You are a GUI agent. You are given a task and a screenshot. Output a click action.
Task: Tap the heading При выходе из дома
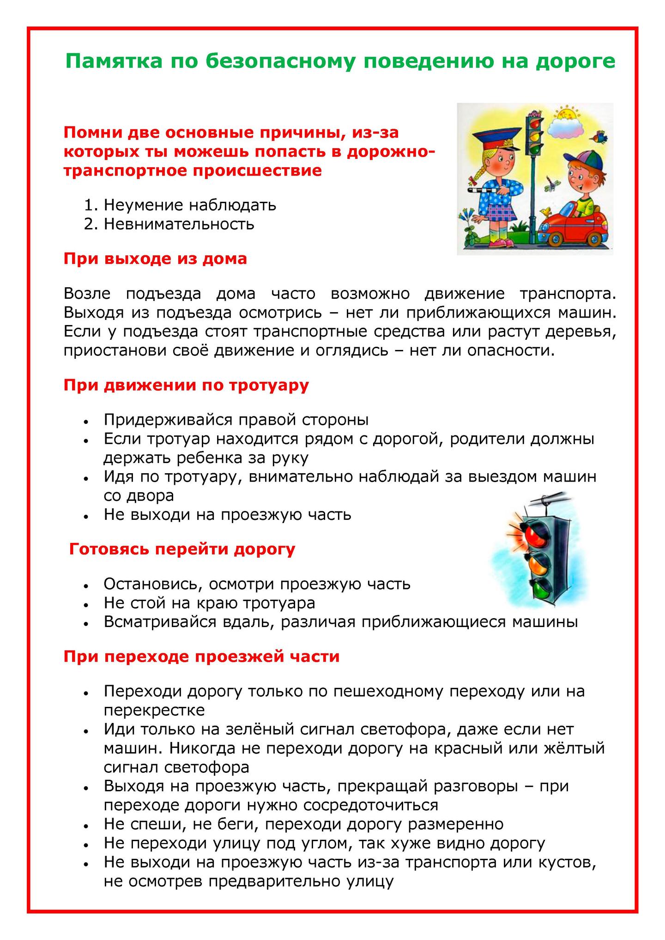pyautogui.click(x=155, y=259)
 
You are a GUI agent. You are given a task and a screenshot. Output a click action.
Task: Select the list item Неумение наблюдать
pyautogui.click(x=190, y=205)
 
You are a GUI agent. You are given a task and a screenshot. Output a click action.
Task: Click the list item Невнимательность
pyautogui.click(x=179, y=224)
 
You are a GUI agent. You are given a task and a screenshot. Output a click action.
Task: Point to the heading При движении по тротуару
pyautogui.click(x=186, y=385)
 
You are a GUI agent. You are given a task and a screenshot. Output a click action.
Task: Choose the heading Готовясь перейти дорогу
pyautogui.click(x=182, y=549)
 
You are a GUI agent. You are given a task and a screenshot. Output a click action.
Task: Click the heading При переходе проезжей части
pyautogui.click(x=201, y=657)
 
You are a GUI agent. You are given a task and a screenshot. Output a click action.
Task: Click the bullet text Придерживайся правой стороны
pyautogui.click(x=236, y=420)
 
